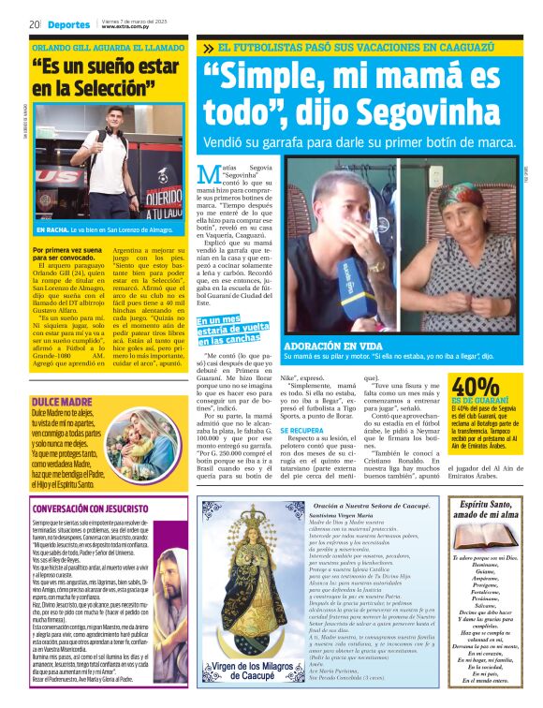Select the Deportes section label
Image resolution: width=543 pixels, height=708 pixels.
69,23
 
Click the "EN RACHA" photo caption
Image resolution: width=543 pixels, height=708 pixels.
52,229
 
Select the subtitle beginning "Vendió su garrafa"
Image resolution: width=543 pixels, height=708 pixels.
360,142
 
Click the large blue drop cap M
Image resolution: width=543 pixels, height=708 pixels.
211,179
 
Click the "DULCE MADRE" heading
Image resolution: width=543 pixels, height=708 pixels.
55,375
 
